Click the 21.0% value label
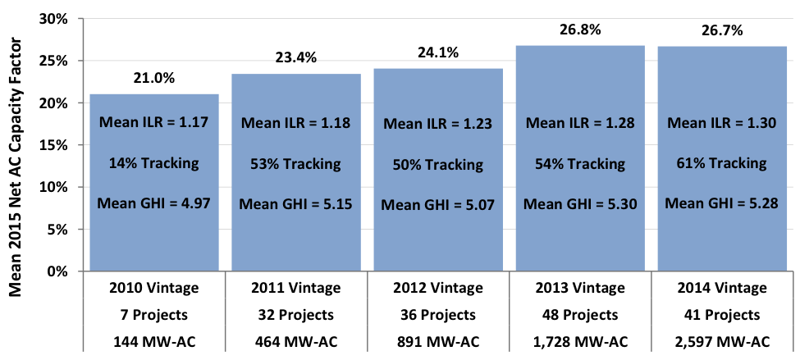coord(153,79)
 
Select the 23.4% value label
coord(295,58)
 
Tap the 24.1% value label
coord(437,52)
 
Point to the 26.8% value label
coord(580,30)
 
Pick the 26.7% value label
coord(722,31)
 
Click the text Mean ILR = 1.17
coord(153,123)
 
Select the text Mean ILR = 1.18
coord(295,124)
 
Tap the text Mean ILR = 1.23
coord(437,124)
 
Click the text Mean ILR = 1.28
coord(580,123)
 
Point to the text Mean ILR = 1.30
coord(722,123)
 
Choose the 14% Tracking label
coord(153,163)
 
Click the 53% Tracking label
coord(295,164)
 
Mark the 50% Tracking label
coord(437,165)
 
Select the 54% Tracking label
coord(580,164)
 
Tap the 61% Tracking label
coord(722,163)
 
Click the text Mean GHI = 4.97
coord(153,203)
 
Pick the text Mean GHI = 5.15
coord(295,203)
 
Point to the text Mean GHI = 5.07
coord(437,204)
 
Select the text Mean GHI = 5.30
coord(580,203)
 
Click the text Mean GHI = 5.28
coord(722,203)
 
